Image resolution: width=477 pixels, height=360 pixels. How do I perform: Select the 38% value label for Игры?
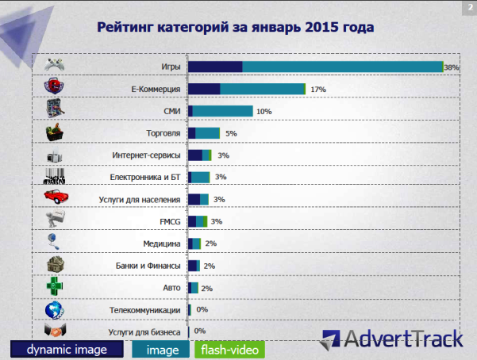click(452, 68)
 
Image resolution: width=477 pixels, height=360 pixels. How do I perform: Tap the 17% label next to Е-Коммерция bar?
click(318, 90)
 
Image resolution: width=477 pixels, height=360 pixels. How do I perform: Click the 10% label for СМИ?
click(264, 112)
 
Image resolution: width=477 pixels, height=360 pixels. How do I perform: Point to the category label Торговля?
click(163, 133)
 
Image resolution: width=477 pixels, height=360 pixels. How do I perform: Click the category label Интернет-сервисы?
click(147, 155)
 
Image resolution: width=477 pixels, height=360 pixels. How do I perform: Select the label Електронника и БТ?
click(144, 177)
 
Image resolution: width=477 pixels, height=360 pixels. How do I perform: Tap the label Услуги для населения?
click(140, 199)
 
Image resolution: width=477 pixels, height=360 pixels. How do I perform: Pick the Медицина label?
click(162, 243)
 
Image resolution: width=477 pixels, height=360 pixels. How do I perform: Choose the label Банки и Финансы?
click(149, 266)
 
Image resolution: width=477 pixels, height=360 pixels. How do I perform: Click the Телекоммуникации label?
click(145, 309)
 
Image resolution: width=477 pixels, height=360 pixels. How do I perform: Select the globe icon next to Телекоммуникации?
click(54, 309)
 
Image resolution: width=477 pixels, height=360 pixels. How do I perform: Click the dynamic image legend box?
click(67, 349)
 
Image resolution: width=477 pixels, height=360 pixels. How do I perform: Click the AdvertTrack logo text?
click(401, 339)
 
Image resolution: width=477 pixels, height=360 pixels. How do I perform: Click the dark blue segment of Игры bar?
click(215, 67)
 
